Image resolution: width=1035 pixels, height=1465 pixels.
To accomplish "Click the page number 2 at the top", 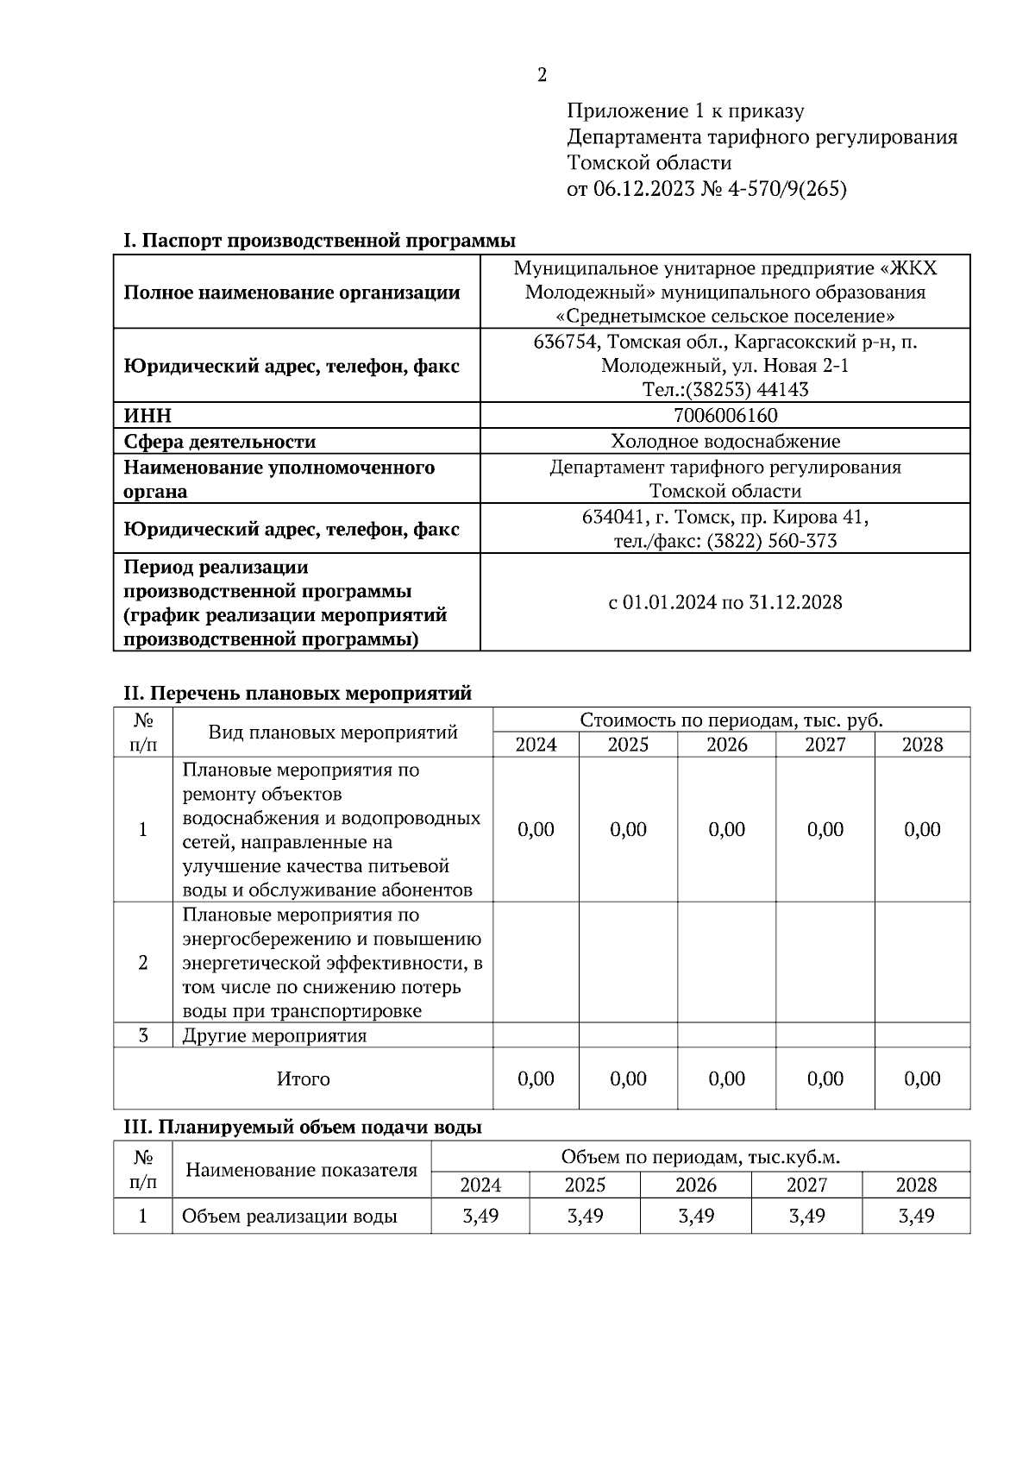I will [x=542, y=76].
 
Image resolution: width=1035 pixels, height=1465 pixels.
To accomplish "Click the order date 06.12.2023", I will [x=642, y=190].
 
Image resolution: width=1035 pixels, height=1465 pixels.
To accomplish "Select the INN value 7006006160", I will [x=724, y=416].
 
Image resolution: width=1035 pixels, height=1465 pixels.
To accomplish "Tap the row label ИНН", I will [x=147, y=416].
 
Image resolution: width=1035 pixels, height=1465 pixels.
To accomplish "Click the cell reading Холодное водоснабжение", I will [x=724, y=442].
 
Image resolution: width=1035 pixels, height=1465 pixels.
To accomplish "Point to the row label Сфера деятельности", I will [x=220, y=442].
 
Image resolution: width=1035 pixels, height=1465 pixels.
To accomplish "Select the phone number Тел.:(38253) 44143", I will [x=724, y=390].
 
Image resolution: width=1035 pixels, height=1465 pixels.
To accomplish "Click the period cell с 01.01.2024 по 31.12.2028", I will [x=724, y=602].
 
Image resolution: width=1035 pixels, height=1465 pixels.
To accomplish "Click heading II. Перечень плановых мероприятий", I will [x=298, y=693].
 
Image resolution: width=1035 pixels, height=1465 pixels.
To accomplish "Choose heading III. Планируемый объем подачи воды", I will [x=303, y=1127].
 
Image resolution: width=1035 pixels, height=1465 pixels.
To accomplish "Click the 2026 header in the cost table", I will [x=726, y=745].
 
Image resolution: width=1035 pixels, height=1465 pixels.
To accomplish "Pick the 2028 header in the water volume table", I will [x=915, y=1185].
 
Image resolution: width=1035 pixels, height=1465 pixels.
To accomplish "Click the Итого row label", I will [x=303, y=1078].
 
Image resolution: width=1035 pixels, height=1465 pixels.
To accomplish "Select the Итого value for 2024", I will [x=536, y=1078].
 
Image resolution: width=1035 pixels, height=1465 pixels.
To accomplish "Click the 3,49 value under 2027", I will [x=806, y=1217].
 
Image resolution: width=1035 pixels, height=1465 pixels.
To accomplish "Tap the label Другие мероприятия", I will [x=274, y=1035].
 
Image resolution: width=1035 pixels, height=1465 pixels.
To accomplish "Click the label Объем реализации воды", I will [x=289, y=1217].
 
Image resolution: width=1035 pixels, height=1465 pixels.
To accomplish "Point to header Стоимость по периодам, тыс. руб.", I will [x=731, y=720].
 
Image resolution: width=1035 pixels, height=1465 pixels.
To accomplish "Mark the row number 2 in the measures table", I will [x=143, y=963].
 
